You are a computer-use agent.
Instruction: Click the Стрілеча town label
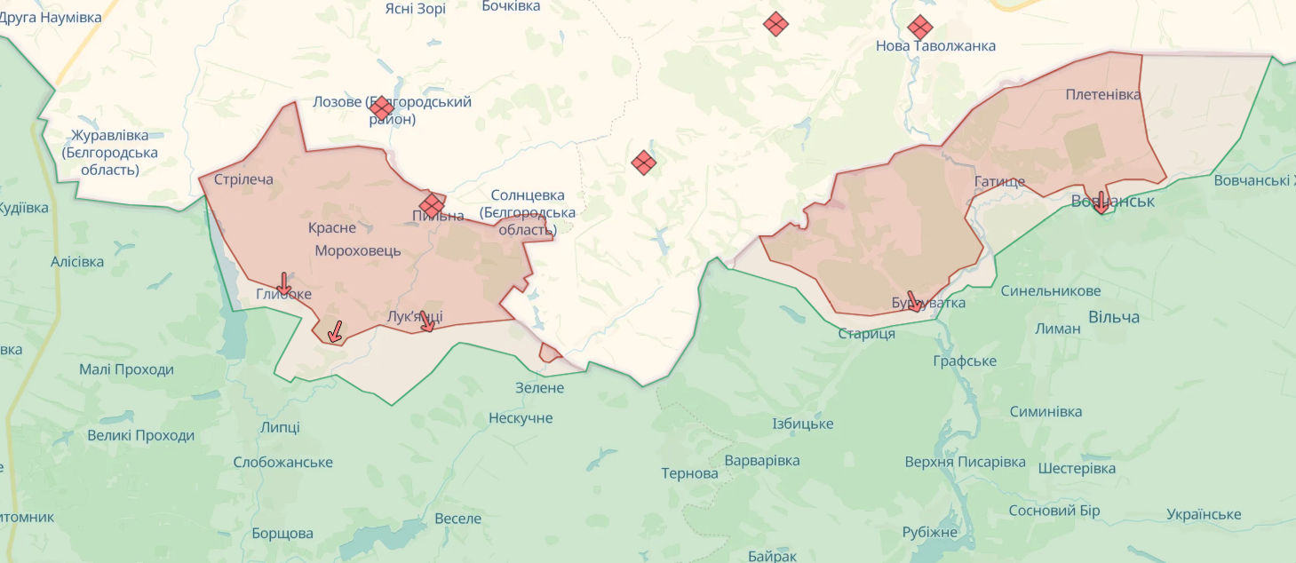click(243, 179)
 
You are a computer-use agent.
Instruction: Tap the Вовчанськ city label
click(1112, 201)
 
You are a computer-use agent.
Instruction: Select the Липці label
click(280, 426)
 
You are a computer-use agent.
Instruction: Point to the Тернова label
click(689, 473)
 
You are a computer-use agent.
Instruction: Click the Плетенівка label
click(1102, 94)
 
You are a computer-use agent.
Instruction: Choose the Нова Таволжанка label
click(935, 45)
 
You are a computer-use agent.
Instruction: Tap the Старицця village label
click(866, 334)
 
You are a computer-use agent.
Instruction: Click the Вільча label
click(1113, 316)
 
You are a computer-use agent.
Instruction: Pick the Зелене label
click(539, 387)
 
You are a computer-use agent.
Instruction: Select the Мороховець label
click(358, 250)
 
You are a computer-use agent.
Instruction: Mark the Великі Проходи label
click(140, 435)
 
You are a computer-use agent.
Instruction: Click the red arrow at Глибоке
click(283, 284)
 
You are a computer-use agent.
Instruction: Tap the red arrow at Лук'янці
click(427, 321)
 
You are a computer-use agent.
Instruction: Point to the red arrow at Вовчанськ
click(1101, 202)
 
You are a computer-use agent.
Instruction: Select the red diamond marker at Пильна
click(432, 206)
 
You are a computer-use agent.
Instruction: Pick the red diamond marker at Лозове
click(381, 108)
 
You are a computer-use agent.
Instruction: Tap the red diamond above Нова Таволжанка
click(920, 27)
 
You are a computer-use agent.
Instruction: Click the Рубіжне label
click(929, 532)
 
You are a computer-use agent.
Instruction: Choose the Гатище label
click(999, 182)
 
